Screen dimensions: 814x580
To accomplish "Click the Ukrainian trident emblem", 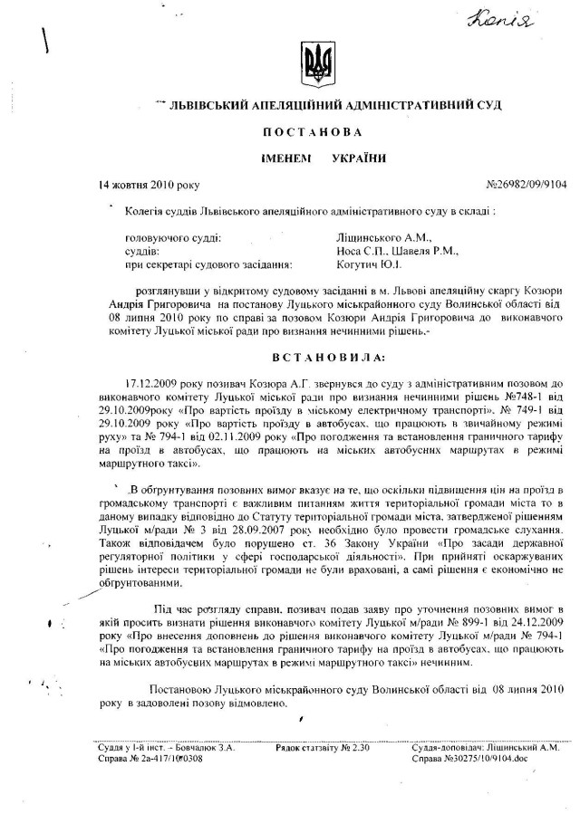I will point(317,63).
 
